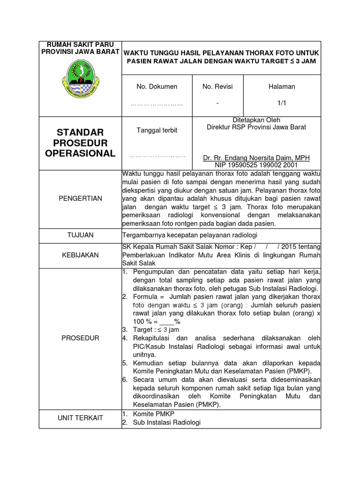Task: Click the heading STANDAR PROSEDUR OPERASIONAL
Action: tap(80, 142)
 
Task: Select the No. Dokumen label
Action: tap(157, 86)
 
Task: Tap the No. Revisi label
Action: tap(217, 86)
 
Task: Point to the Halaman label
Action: tap(282, 86)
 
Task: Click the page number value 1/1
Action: tap(282, 102)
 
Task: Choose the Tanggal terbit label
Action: tap(157, 130)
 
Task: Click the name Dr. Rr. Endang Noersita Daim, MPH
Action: tap(256, 158)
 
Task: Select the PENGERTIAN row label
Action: tap(80, 198)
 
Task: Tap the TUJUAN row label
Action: tap(80, 235)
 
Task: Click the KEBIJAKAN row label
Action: tap(80, 255)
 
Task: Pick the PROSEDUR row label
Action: tap(80, 338)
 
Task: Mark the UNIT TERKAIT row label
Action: tap(80, 418)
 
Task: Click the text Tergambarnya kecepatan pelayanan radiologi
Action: tap(190, 235)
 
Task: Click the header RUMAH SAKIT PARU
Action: tap(80, 44)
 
